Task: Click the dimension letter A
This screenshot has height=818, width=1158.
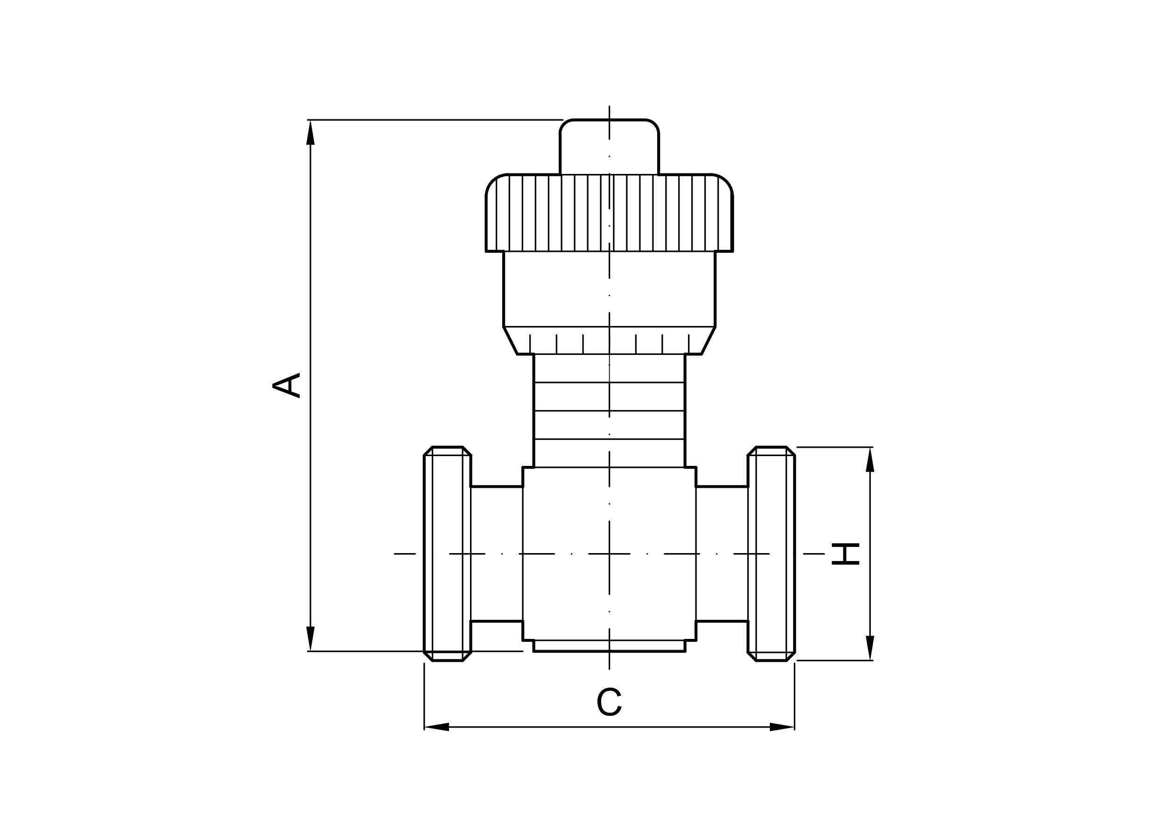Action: tap(287, 386)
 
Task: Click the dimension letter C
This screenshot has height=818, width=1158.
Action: tap(609, 701)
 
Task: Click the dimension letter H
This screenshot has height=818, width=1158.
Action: tap(845, 554)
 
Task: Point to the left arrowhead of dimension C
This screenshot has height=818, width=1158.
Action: tap(437, 727)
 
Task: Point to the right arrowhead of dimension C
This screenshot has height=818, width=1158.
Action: tap(782, 727)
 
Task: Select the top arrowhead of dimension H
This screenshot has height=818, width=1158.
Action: tap(870, 460)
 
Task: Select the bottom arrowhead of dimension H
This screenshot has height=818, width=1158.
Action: tap(870, 648)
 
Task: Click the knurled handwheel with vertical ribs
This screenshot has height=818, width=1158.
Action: tap(609, 213)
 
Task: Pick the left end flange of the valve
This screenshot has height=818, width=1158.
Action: tap(447, 554)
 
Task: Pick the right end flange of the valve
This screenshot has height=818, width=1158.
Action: tap(771, 554)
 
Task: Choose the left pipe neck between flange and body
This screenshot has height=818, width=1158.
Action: tap(496, 554)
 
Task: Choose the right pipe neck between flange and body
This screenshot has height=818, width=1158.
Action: tap(722, 554)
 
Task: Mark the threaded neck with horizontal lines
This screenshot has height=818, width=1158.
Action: tap(609, 411)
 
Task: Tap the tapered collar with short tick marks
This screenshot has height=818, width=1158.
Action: tap(609, 341)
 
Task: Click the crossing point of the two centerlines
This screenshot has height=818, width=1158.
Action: tap(609, 554)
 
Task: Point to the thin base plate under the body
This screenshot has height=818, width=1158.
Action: tap(609, 645)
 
